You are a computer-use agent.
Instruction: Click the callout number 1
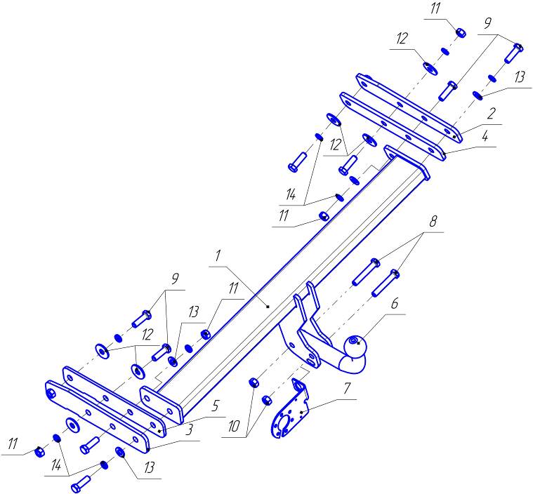click(218, 257)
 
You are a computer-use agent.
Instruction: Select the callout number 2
click(490, 114)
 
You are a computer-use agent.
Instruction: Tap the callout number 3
click(190, 429)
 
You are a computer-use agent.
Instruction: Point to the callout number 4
click(485, 137)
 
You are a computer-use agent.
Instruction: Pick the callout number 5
click(215, 406)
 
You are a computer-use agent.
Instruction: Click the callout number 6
click(395, 303)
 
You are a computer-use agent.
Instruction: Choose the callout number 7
click(346, 389)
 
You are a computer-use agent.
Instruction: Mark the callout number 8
click(433, 222)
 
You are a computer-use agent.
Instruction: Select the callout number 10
click(234, 427)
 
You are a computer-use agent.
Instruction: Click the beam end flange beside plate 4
click(407, 162)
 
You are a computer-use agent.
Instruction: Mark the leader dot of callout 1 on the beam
click(268, 307)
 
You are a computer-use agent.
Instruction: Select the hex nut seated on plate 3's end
click(51, 394)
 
